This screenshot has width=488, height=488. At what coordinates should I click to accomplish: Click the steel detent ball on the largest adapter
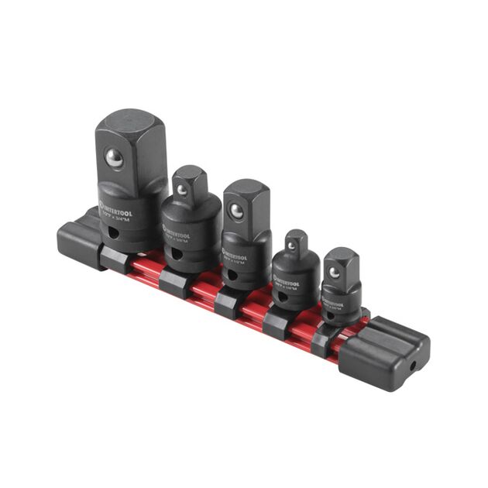pos(115,159)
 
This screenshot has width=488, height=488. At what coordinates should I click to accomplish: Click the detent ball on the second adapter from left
pos(181,188)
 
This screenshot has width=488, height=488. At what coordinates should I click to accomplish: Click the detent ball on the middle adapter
pos(235,209)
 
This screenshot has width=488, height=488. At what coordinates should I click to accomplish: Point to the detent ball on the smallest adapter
pos(334,272)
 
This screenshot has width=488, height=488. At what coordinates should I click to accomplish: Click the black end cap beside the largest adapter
pos(77,240)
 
